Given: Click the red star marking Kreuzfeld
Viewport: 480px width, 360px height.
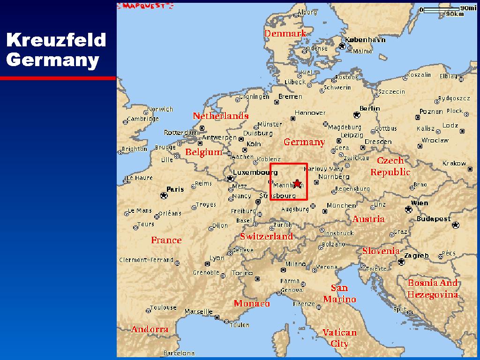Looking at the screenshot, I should point(297,183).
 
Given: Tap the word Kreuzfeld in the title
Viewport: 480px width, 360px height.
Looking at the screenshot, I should point(56,40).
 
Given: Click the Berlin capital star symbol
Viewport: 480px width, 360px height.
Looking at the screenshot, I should point(357,114).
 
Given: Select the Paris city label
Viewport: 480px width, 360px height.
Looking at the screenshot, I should point(175,189).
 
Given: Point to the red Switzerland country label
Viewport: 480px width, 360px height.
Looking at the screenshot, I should point(266,237).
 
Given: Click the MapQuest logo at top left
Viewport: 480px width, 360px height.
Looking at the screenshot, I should point(145,6).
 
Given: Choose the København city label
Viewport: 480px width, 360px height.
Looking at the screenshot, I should point(365,40).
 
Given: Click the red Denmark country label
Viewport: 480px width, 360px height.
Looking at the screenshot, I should point(285,33).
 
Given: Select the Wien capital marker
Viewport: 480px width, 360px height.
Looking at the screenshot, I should point(408,209).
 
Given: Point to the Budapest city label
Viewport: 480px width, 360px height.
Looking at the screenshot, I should point(434,218).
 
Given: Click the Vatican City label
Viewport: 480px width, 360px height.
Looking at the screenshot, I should point(339,338).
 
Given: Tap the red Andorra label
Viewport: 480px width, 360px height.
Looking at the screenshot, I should point(150,329).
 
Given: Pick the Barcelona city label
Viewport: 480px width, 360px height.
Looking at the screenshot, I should point(179,353).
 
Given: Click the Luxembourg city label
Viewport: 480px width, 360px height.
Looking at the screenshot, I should point(255,172).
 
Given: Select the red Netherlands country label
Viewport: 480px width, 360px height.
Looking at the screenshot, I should point(220,116).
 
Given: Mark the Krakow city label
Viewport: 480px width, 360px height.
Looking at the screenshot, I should point(454,163).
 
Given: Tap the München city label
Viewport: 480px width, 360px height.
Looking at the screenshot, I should point(341,205).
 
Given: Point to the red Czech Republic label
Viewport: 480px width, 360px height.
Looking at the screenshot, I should point(390,166).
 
